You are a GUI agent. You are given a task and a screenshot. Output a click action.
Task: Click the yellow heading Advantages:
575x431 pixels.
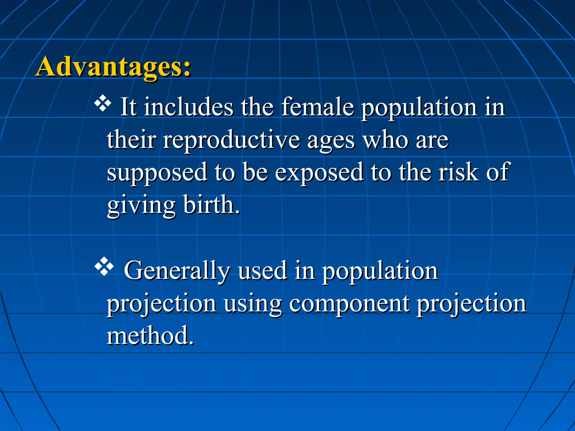(113, 67)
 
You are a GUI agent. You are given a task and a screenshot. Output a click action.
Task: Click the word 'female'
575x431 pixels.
(317, 107)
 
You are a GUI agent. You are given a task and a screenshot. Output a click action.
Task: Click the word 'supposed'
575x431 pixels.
(157, 173)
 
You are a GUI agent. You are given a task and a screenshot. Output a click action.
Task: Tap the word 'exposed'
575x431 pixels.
(319, 173)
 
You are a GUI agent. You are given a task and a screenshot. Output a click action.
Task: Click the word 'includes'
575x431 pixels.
(188, 107)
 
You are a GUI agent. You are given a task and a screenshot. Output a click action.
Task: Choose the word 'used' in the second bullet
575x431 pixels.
(262, 271)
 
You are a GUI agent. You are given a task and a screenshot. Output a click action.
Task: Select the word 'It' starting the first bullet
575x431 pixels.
(128, 107)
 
